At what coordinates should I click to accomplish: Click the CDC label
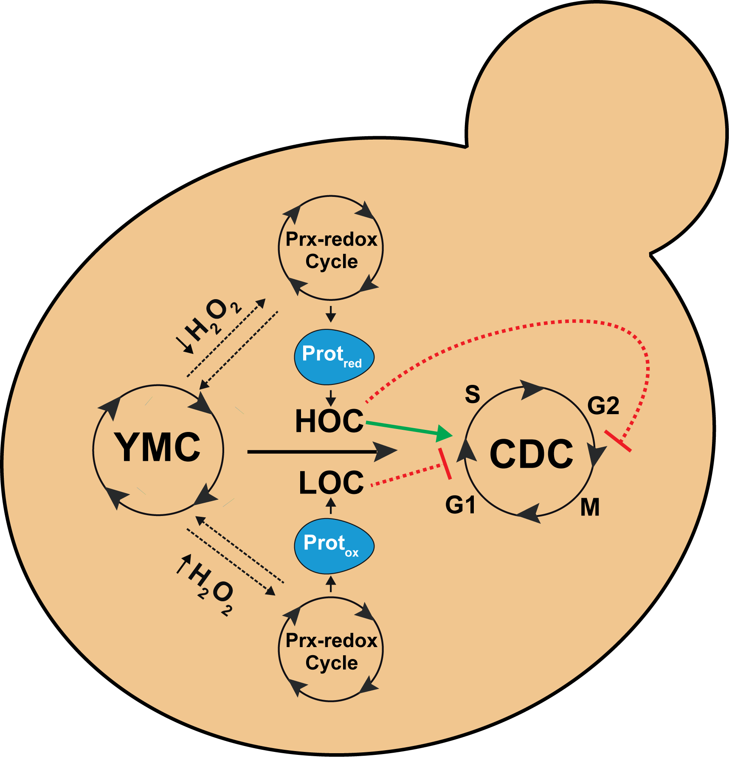[x=531, y=454]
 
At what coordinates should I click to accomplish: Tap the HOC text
[x=329, y=421]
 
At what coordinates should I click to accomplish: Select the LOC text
[x=331, y=482]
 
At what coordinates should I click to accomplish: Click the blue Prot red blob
[x=334, y=356]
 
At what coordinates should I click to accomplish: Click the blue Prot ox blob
[x=334, y=545]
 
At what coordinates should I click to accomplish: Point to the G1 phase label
[x=460, y=505]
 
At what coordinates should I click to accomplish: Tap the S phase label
[x=473, y=394]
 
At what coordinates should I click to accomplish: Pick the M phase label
[x=590, y=507]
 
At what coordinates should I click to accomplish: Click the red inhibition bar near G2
[x=618, y=441]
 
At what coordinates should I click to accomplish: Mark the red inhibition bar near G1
[x=445, y=464]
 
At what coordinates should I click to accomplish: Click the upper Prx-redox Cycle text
[x=331, y=250]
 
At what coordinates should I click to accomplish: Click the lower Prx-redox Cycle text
[x=331, y=651]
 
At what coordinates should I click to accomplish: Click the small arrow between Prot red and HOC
[x=331, y=398]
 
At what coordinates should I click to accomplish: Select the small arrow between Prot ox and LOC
[x=331, y=506]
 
